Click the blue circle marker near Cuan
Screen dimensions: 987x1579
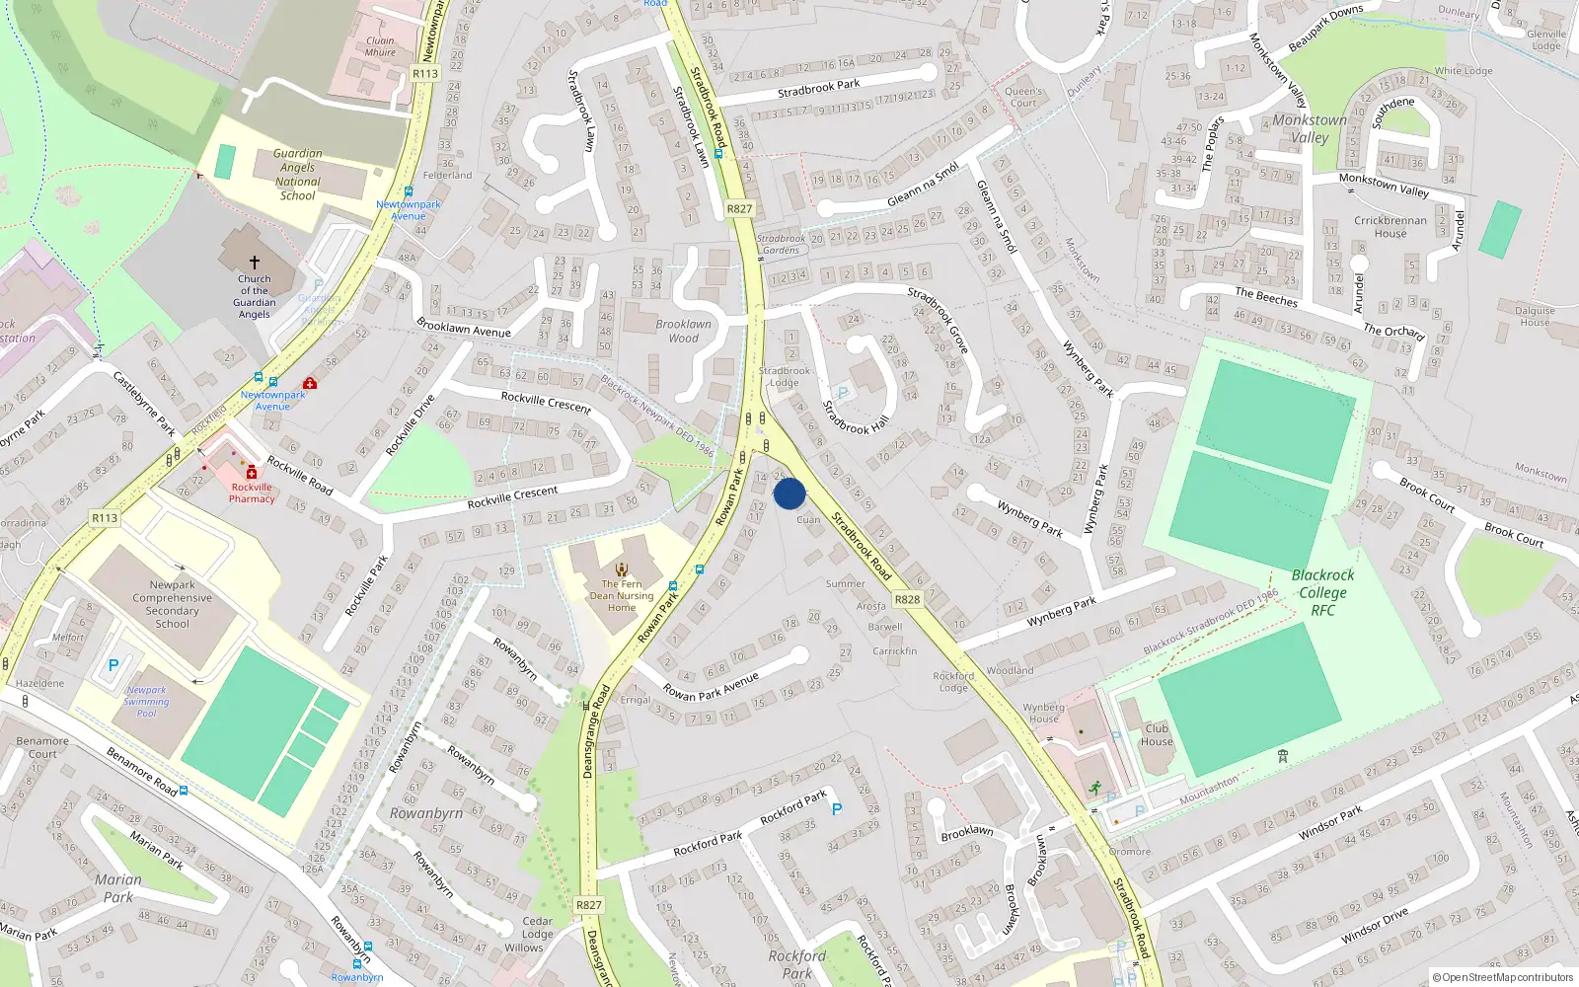tap(789, 493)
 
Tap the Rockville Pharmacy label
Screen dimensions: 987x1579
tap(252, 493)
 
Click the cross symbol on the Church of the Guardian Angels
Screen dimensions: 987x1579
tap(255, 263)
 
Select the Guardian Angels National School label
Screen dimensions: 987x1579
tap(297, 175)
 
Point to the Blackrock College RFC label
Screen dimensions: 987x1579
tap(1322, 592)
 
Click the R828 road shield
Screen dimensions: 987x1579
tap(907, 599)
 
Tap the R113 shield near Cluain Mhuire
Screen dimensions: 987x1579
tap(425, 73)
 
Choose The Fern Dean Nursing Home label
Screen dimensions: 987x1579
tap(622, 595)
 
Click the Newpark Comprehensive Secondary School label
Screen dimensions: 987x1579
tap(172, 604)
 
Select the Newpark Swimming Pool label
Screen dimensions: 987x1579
tap(146, 702)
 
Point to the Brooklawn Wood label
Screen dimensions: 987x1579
tap(683, 331)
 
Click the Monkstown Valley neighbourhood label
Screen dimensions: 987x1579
tap(1310, 128)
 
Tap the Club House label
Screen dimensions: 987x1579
tap(1157, 734)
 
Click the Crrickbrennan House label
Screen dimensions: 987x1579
tap(1390, 227)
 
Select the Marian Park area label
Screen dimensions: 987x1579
tap(118, 888)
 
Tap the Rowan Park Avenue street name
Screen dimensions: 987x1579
tap(711, 686)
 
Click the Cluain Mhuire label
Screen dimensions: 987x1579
tap(380, 47)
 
